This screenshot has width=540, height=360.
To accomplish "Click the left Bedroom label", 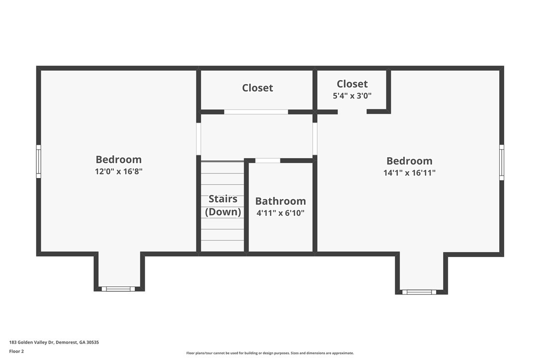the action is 118,160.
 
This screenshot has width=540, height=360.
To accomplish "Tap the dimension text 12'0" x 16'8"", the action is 119,171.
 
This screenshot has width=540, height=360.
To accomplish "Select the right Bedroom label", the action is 409,161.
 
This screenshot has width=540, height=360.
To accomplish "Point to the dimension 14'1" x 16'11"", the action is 410,173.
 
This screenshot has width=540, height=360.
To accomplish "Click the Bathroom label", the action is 280,201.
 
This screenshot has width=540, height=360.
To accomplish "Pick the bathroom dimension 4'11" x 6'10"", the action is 280,213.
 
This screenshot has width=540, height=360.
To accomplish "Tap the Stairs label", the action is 223,199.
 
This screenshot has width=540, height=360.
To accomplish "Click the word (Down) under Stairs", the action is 223,211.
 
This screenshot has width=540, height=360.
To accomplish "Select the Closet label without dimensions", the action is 257,88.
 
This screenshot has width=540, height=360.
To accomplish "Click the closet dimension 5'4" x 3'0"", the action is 352,96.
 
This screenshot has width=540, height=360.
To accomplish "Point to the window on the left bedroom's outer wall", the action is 39,162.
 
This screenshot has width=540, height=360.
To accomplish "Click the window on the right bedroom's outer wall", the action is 502,162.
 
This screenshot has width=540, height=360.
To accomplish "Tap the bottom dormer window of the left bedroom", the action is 118,289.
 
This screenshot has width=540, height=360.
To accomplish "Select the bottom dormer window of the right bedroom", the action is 419,292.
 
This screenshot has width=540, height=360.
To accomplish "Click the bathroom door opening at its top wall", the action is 268,161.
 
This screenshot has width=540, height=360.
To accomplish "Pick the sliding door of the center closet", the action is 256,112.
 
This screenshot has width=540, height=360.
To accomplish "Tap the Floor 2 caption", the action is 16,352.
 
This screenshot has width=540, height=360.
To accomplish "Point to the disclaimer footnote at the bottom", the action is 270,353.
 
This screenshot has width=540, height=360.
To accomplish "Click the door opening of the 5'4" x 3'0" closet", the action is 352,111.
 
